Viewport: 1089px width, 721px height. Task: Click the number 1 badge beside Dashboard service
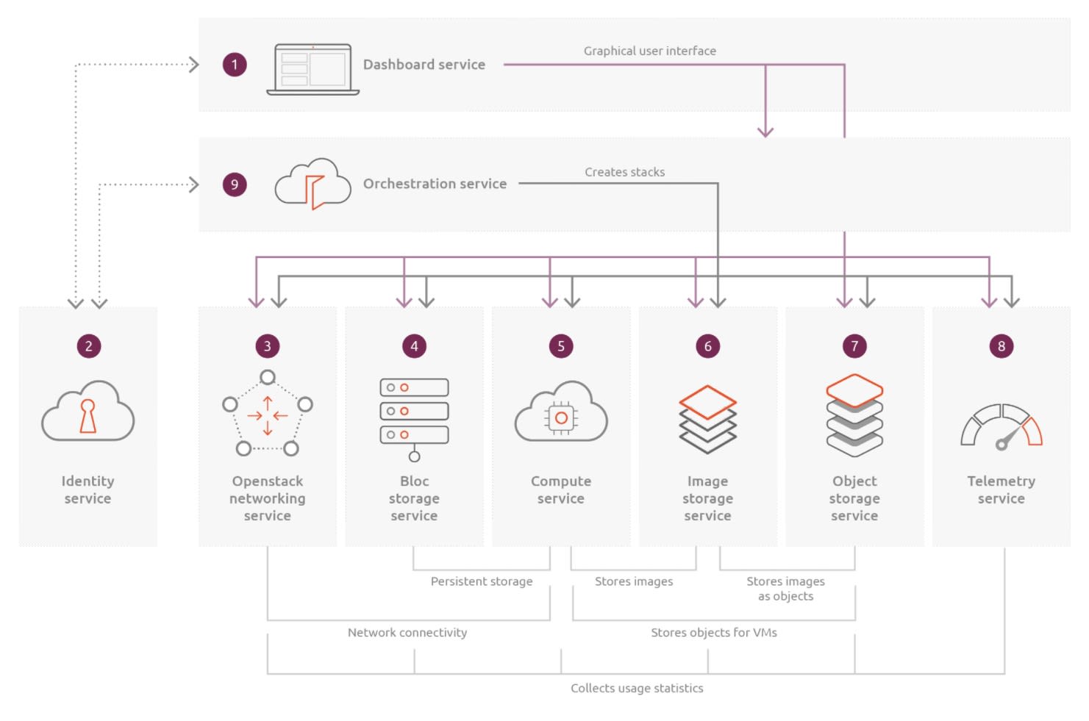[235, 65]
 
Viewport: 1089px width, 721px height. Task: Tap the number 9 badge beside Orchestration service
[235, 184]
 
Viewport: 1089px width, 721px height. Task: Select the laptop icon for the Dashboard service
[313, 69]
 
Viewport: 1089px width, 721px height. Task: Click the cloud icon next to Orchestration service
[313, 184]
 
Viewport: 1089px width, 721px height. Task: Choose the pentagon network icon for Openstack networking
[268, 413]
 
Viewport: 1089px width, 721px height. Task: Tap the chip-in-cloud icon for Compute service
[561, 413]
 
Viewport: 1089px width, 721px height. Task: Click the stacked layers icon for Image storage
[707, 417]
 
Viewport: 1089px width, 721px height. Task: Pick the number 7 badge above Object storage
[854, 346]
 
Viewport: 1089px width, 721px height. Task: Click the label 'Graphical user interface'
[649, 51]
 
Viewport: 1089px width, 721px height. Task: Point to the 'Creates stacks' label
[624, 172]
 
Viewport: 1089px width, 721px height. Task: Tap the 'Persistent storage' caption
[482, 581]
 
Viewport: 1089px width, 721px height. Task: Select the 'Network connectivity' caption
[407, 633]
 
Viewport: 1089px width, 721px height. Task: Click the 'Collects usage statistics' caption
[637, 688]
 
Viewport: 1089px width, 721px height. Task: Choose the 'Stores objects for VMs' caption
[713, 633]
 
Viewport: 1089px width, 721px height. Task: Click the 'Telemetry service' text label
[1001, 489]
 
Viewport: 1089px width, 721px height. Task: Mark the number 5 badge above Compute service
[561, 346]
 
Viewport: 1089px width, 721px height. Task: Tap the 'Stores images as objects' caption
[785, 589]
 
